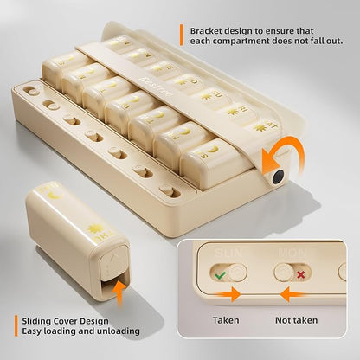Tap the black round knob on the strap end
click(276, 177)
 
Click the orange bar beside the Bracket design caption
click(182, 35)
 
